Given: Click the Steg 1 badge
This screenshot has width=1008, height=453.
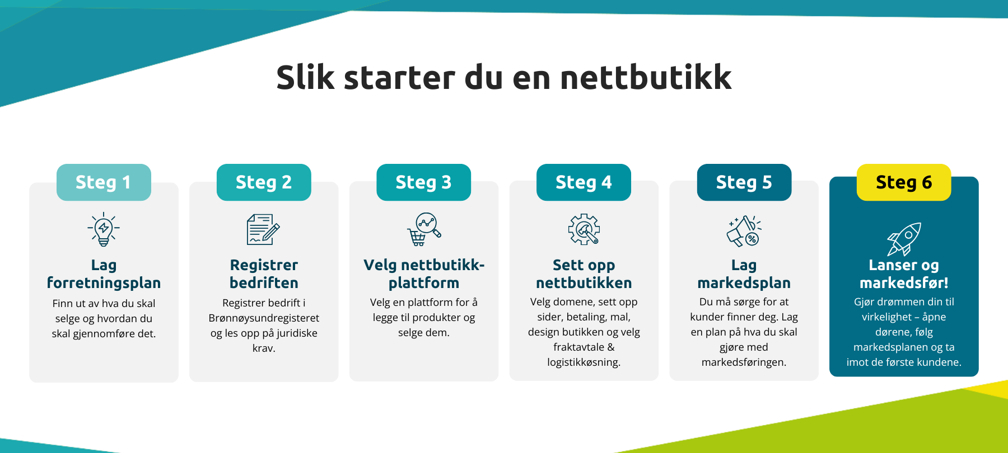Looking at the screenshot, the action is click(x=104, y=182).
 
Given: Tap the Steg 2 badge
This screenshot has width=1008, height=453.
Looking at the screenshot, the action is click(x=264, y=182).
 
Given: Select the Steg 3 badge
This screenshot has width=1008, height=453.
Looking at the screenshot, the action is click(x=424, y=182).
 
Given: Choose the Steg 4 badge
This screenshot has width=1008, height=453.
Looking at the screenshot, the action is click(x=584, y=182).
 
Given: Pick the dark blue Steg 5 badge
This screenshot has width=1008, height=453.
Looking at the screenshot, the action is click(x=744, y=182).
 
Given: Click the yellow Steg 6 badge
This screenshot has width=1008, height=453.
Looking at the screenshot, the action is click(x=904, y=182).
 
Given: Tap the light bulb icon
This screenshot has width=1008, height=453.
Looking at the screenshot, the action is click(x=104, y=229).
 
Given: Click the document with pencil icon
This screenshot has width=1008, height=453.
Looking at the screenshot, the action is click(x=263, y=229).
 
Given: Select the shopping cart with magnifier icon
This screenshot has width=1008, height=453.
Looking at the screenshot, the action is click(x=424, y=229).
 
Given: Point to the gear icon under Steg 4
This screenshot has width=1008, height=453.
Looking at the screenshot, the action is click(x=584, y=229).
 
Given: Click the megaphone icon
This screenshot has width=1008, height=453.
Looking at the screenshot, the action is click(x=744, y=231).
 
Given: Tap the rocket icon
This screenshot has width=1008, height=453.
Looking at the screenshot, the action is click(x=904, y=239).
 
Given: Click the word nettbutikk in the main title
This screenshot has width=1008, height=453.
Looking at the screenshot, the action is click(x=646, y=77).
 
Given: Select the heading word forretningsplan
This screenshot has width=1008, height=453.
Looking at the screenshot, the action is click(x=104, y=283).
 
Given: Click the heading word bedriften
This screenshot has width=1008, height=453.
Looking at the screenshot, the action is click(x=264, y=283).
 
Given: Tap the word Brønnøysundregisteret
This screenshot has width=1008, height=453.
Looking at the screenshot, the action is click(x=264, y=318).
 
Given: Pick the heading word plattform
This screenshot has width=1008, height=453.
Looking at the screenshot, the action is click(x=424, y=283).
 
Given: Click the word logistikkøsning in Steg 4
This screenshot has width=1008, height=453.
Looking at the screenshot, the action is click(x=584, y=362).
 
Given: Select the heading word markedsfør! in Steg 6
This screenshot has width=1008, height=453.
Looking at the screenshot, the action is click(x=904, y=283).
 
